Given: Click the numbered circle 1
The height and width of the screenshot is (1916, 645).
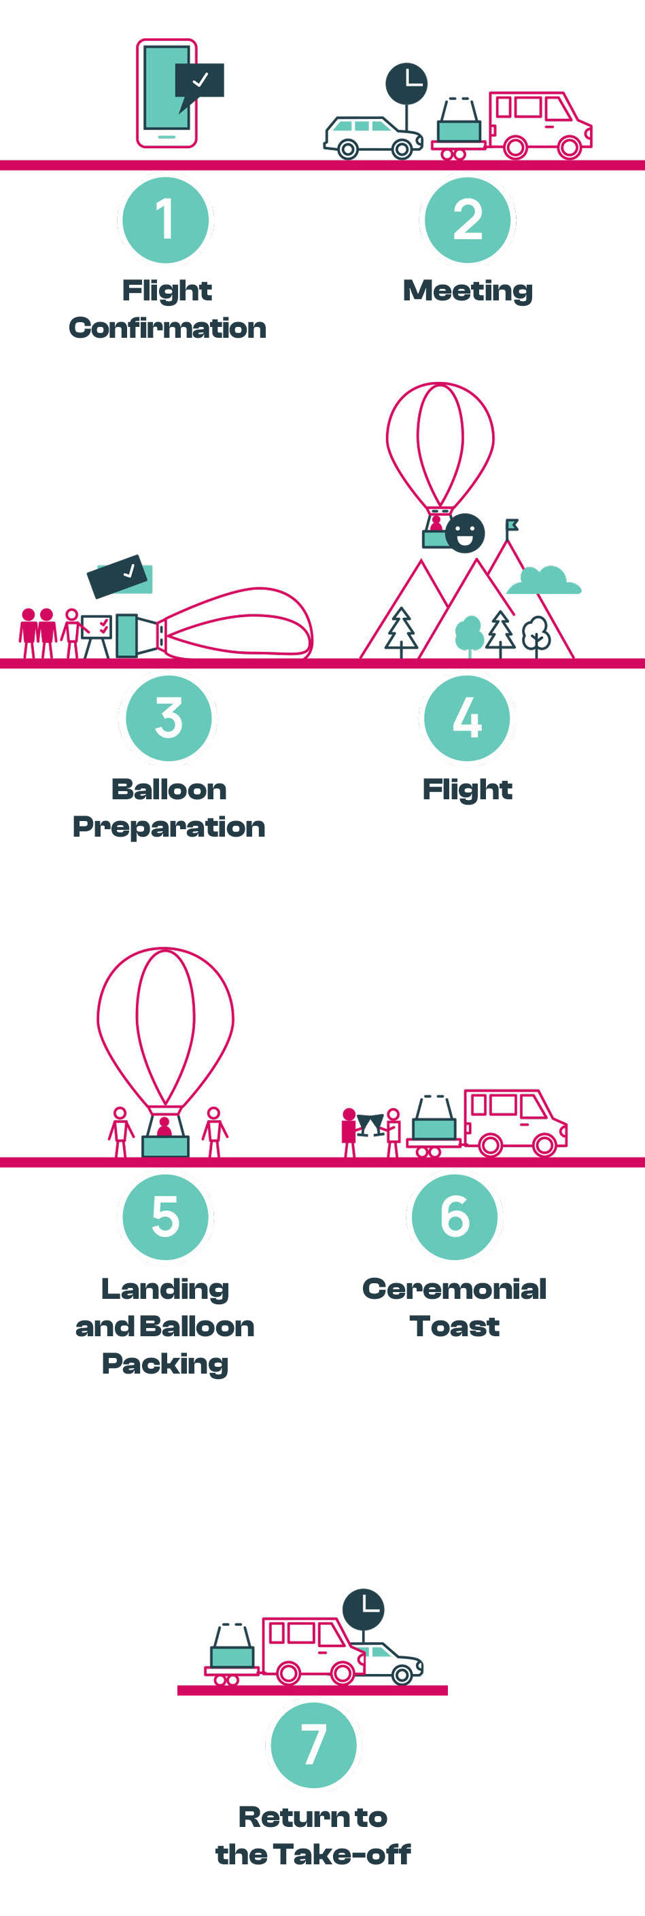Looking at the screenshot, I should tap(165, 220).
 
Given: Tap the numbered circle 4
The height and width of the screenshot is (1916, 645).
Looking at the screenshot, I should tap(466, 718).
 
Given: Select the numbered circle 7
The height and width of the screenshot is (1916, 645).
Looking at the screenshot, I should tap(313, 1744).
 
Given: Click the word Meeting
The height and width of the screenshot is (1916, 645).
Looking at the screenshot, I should tap(467, 291).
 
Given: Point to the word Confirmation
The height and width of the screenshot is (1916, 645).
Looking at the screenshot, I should tap(167, 328).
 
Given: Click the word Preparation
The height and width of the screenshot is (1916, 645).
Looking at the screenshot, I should tap(169, 827).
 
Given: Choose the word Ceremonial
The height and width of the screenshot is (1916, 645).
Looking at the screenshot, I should tap(454, 1289).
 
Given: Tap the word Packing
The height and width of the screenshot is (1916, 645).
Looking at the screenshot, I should tap(165, 1363).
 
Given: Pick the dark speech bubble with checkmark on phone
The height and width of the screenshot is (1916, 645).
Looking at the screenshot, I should tap(199, 80).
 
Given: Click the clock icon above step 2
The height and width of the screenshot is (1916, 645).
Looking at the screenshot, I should tap(406, 84).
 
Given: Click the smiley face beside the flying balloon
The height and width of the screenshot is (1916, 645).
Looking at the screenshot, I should tap(465, 533).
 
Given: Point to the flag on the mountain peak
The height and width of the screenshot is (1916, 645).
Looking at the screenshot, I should tap(512, 525).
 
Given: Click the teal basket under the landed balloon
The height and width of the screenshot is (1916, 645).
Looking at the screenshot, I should tap(165, 1145).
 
